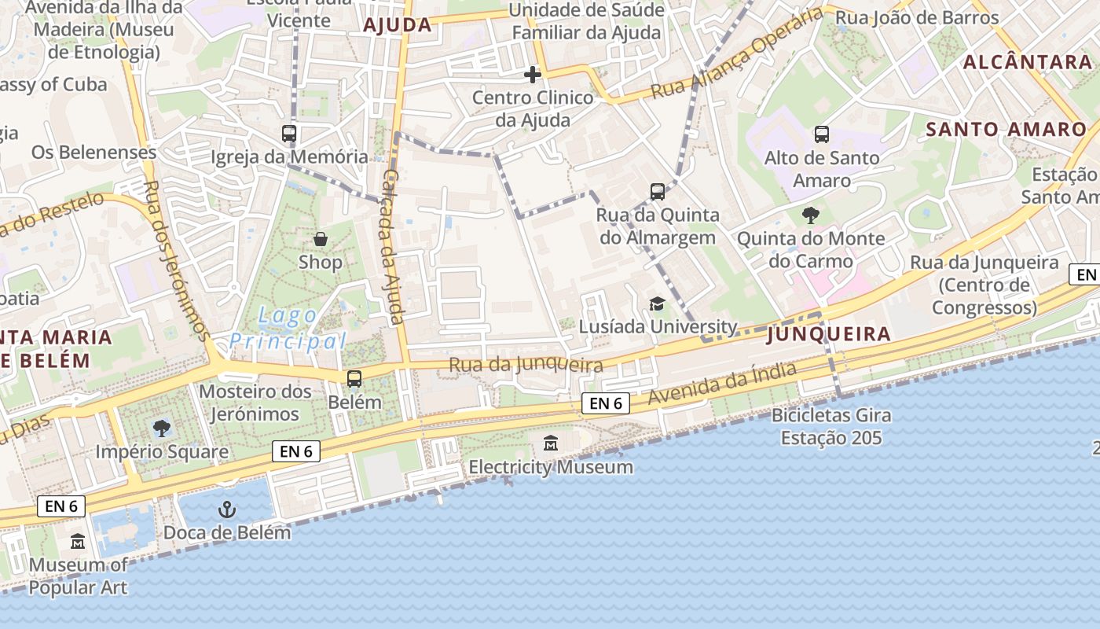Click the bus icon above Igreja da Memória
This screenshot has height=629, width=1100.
click(x=289, y=134)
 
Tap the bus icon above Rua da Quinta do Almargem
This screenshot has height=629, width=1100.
click(x=658, y=191)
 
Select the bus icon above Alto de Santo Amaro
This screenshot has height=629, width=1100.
click(x=821, y=134)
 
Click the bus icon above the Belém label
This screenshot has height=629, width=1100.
click(x=354, y=379)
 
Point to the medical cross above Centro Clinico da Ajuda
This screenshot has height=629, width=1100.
click(x=533, y=75)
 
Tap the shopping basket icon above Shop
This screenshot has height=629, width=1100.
click(x=321, y=239)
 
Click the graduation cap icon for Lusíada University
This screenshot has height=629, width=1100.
click(x=656, y=304)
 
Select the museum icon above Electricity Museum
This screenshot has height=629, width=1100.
click(x=551, y=444)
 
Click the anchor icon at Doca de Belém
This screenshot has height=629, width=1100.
click(x=227, y=509)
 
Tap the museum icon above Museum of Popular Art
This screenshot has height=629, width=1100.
click(x=78, y=542)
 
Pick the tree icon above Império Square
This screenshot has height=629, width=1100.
click(x=162, y=429)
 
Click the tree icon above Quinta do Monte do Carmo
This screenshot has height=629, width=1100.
click(x=811, y=215)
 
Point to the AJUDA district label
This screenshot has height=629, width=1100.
click(x=398, y=25)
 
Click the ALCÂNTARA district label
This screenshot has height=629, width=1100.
click(x=1027, y=62)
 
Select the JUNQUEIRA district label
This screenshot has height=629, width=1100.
click(x=828, y=334)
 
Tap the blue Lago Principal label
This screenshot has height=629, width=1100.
click(x=288, y=329)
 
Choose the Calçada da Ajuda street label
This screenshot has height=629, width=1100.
click(x=393, y=245)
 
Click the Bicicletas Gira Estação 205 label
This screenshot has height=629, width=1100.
click(x=831, y=426)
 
